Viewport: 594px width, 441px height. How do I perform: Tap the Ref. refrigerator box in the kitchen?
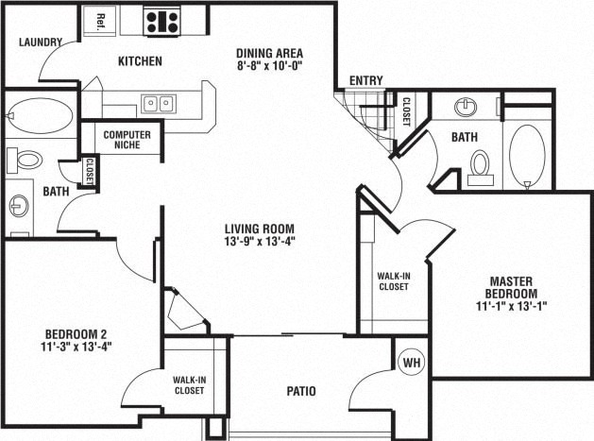point(99,21)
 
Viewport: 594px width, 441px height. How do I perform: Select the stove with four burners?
point(162,21)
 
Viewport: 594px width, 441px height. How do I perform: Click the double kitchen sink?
point(158,102)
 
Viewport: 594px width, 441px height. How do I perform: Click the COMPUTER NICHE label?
point(127,141)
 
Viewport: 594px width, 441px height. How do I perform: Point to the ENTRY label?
point(365,81)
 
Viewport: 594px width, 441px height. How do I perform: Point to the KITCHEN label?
point(140,61)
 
